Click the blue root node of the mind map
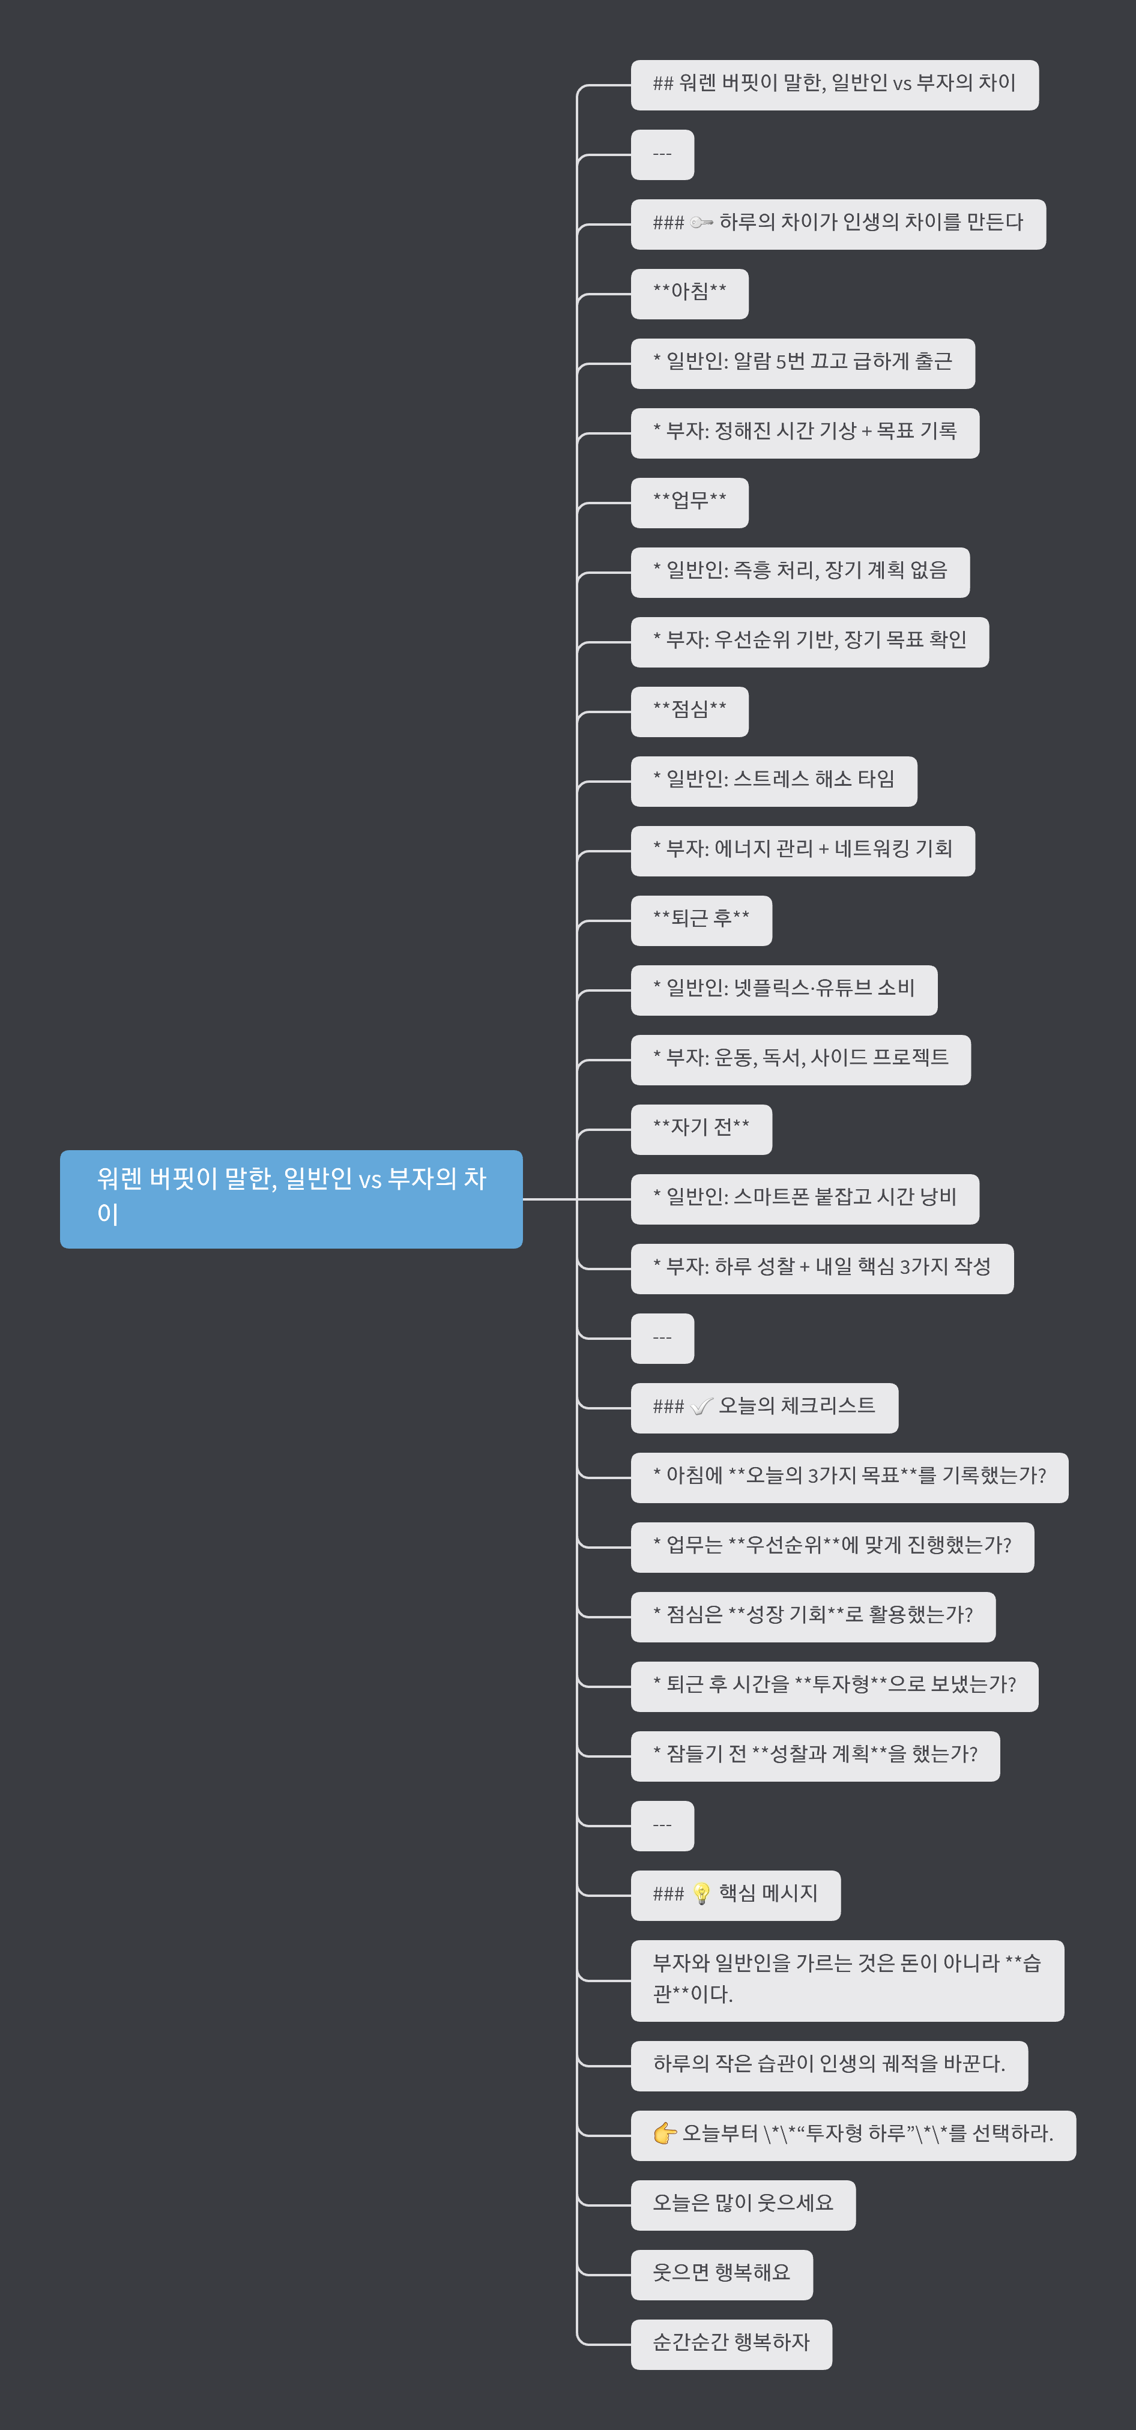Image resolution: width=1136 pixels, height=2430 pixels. [x=291, y=1198]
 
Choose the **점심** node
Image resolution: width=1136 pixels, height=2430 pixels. [x=689, y=711]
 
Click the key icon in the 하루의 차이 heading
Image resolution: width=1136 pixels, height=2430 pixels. [x=701, y=223]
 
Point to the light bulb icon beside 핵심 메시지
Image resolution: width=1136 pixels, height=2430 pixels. [x=701, y=1894]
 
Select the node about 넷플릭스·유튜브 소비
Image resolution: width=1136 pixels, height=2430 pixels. [x=783, y=989]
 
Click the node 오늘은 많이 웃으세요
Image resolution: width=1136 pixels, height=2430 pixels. [x=743, y=2204]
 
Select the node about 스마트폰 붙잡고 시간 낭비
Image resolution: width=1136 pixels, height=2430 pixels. [x=804, y=1199]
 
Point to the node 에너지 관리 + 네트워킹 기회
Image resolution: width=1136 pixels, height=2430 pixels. [x=802, y=851]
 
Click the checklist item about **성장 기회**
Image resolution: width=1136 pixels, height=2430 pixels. [x=812, y=1617]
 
